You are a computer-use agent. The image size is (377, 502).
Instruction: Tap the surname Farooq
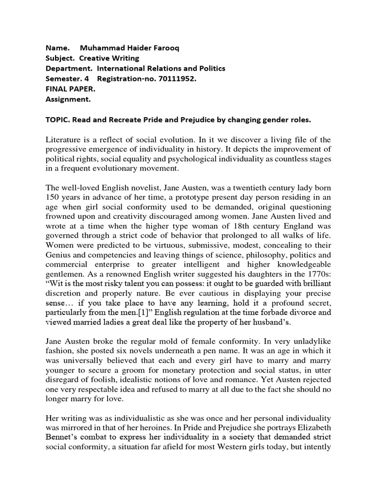[x=160, y=49]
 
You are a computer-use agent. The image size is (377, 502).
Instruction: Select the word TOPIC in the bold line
[x=58, y=120]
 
